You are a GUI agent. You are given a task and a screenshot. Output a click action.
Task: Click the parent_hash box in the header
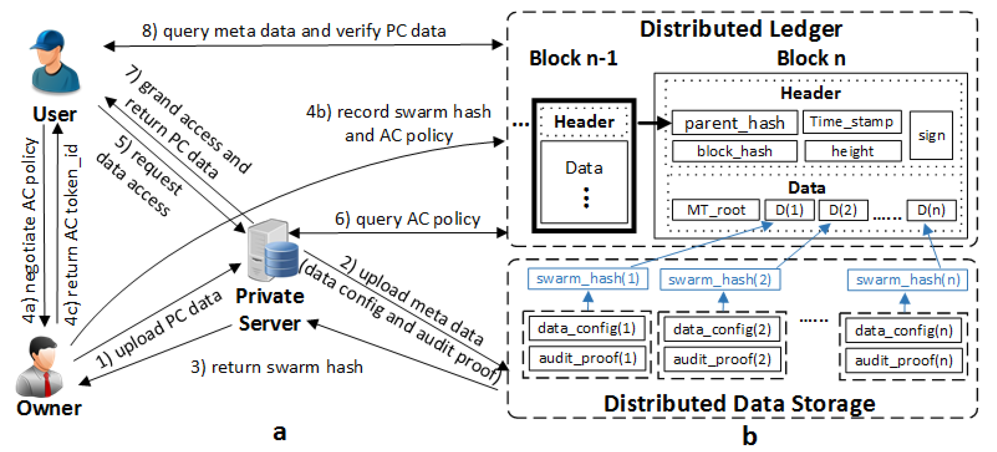pos(734,123)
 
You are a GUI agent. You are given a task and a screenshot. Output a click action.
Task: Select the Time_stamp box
pos(852,122)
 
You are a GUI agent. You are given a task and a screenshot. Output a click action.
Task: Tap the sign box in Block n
pos(931,136)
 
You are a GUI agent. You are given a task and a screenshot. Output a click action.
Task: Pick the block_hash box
pos(734,151)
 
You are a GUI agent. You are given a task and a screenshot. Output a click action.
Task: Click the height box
pos(853,151)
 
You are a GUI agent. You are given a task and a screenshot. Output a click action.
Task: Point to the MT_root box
pos(716,210)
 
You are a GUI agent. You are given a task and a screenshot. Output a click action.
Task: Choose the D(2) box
pos(843,210)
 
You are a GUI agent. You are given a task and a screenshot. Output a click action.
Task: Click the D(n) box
pos(931,210)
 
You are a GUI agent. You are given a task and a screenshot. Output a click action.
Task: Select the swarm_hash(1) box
pos(587,279)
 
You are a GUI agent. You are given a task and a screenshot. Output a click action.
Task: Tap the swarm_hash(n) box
pos(907,279)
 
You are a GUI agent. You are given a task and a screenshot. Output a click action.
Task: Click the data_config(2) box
pos(722,330)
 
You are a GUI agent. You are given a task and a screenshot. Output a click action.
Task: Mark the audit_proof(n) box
pos(903,361)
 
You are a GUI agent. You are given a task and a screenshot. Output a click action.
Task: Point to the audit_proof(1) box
pos(587,358)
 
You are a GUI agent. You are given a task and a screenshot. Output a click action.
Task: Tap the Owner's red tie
pos(47,383)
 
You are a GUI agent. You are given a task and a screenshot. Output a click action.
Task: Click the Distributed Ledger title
pos(741,29)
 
